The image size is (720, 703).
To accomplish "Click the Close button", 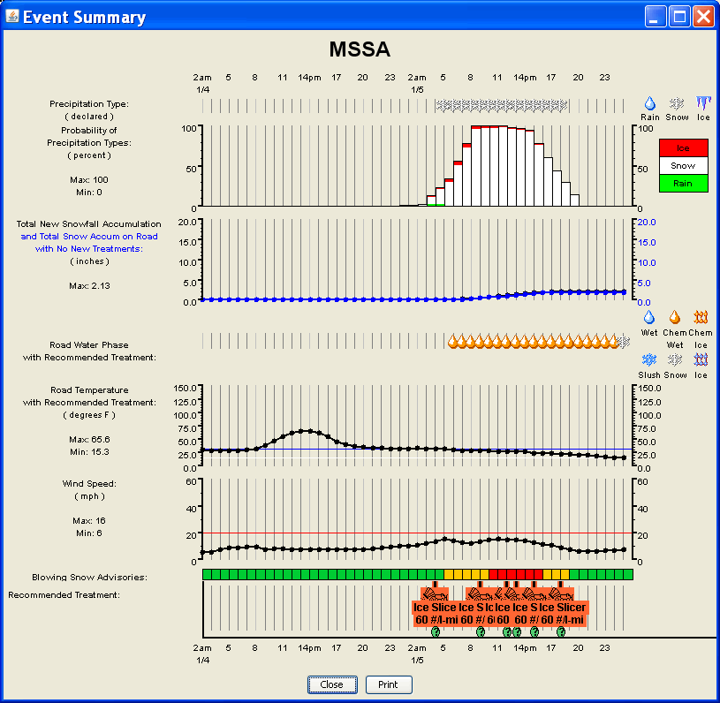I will [x=332, y=684].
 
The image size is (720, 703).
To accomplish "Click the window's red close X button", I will [x=703, y=17].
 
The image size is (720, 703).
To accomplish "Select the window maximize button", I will [x=679, y=17].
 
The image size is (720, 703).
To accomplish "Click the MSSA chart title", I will [x=360, y=49].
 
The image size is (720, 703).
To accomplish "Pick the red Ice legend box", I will [x=683, y=148].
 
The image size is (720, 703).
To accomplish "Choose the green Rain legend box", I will [x=683, y=184].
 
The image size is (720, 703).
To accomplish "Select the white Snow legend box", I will [x=683, y=166].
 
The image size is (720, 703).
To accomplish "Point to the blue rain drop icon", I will [x=650, y=103].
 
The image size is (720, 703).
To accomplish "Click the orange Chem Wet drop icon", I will [x=675, y=317].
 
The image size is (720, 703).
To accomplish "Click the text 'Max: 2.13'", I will [x=89, y=286].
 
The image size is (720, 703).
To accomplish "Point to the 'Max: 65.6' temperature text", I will [x=89, y=439].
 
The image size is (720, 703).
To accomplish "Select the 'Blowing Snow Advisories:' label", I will [x=89, y=577].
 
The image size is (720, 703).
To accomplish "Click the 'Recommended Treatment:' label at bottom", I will [x=64, y=595].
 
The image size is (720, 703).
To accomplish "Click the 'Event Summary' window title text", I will [x=84, y=17].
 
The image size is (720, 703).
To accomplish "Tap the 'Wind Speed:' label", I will [x=89, y=484].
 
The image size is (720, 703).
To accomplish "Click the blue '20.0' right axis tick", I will [x=647, y=222].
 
